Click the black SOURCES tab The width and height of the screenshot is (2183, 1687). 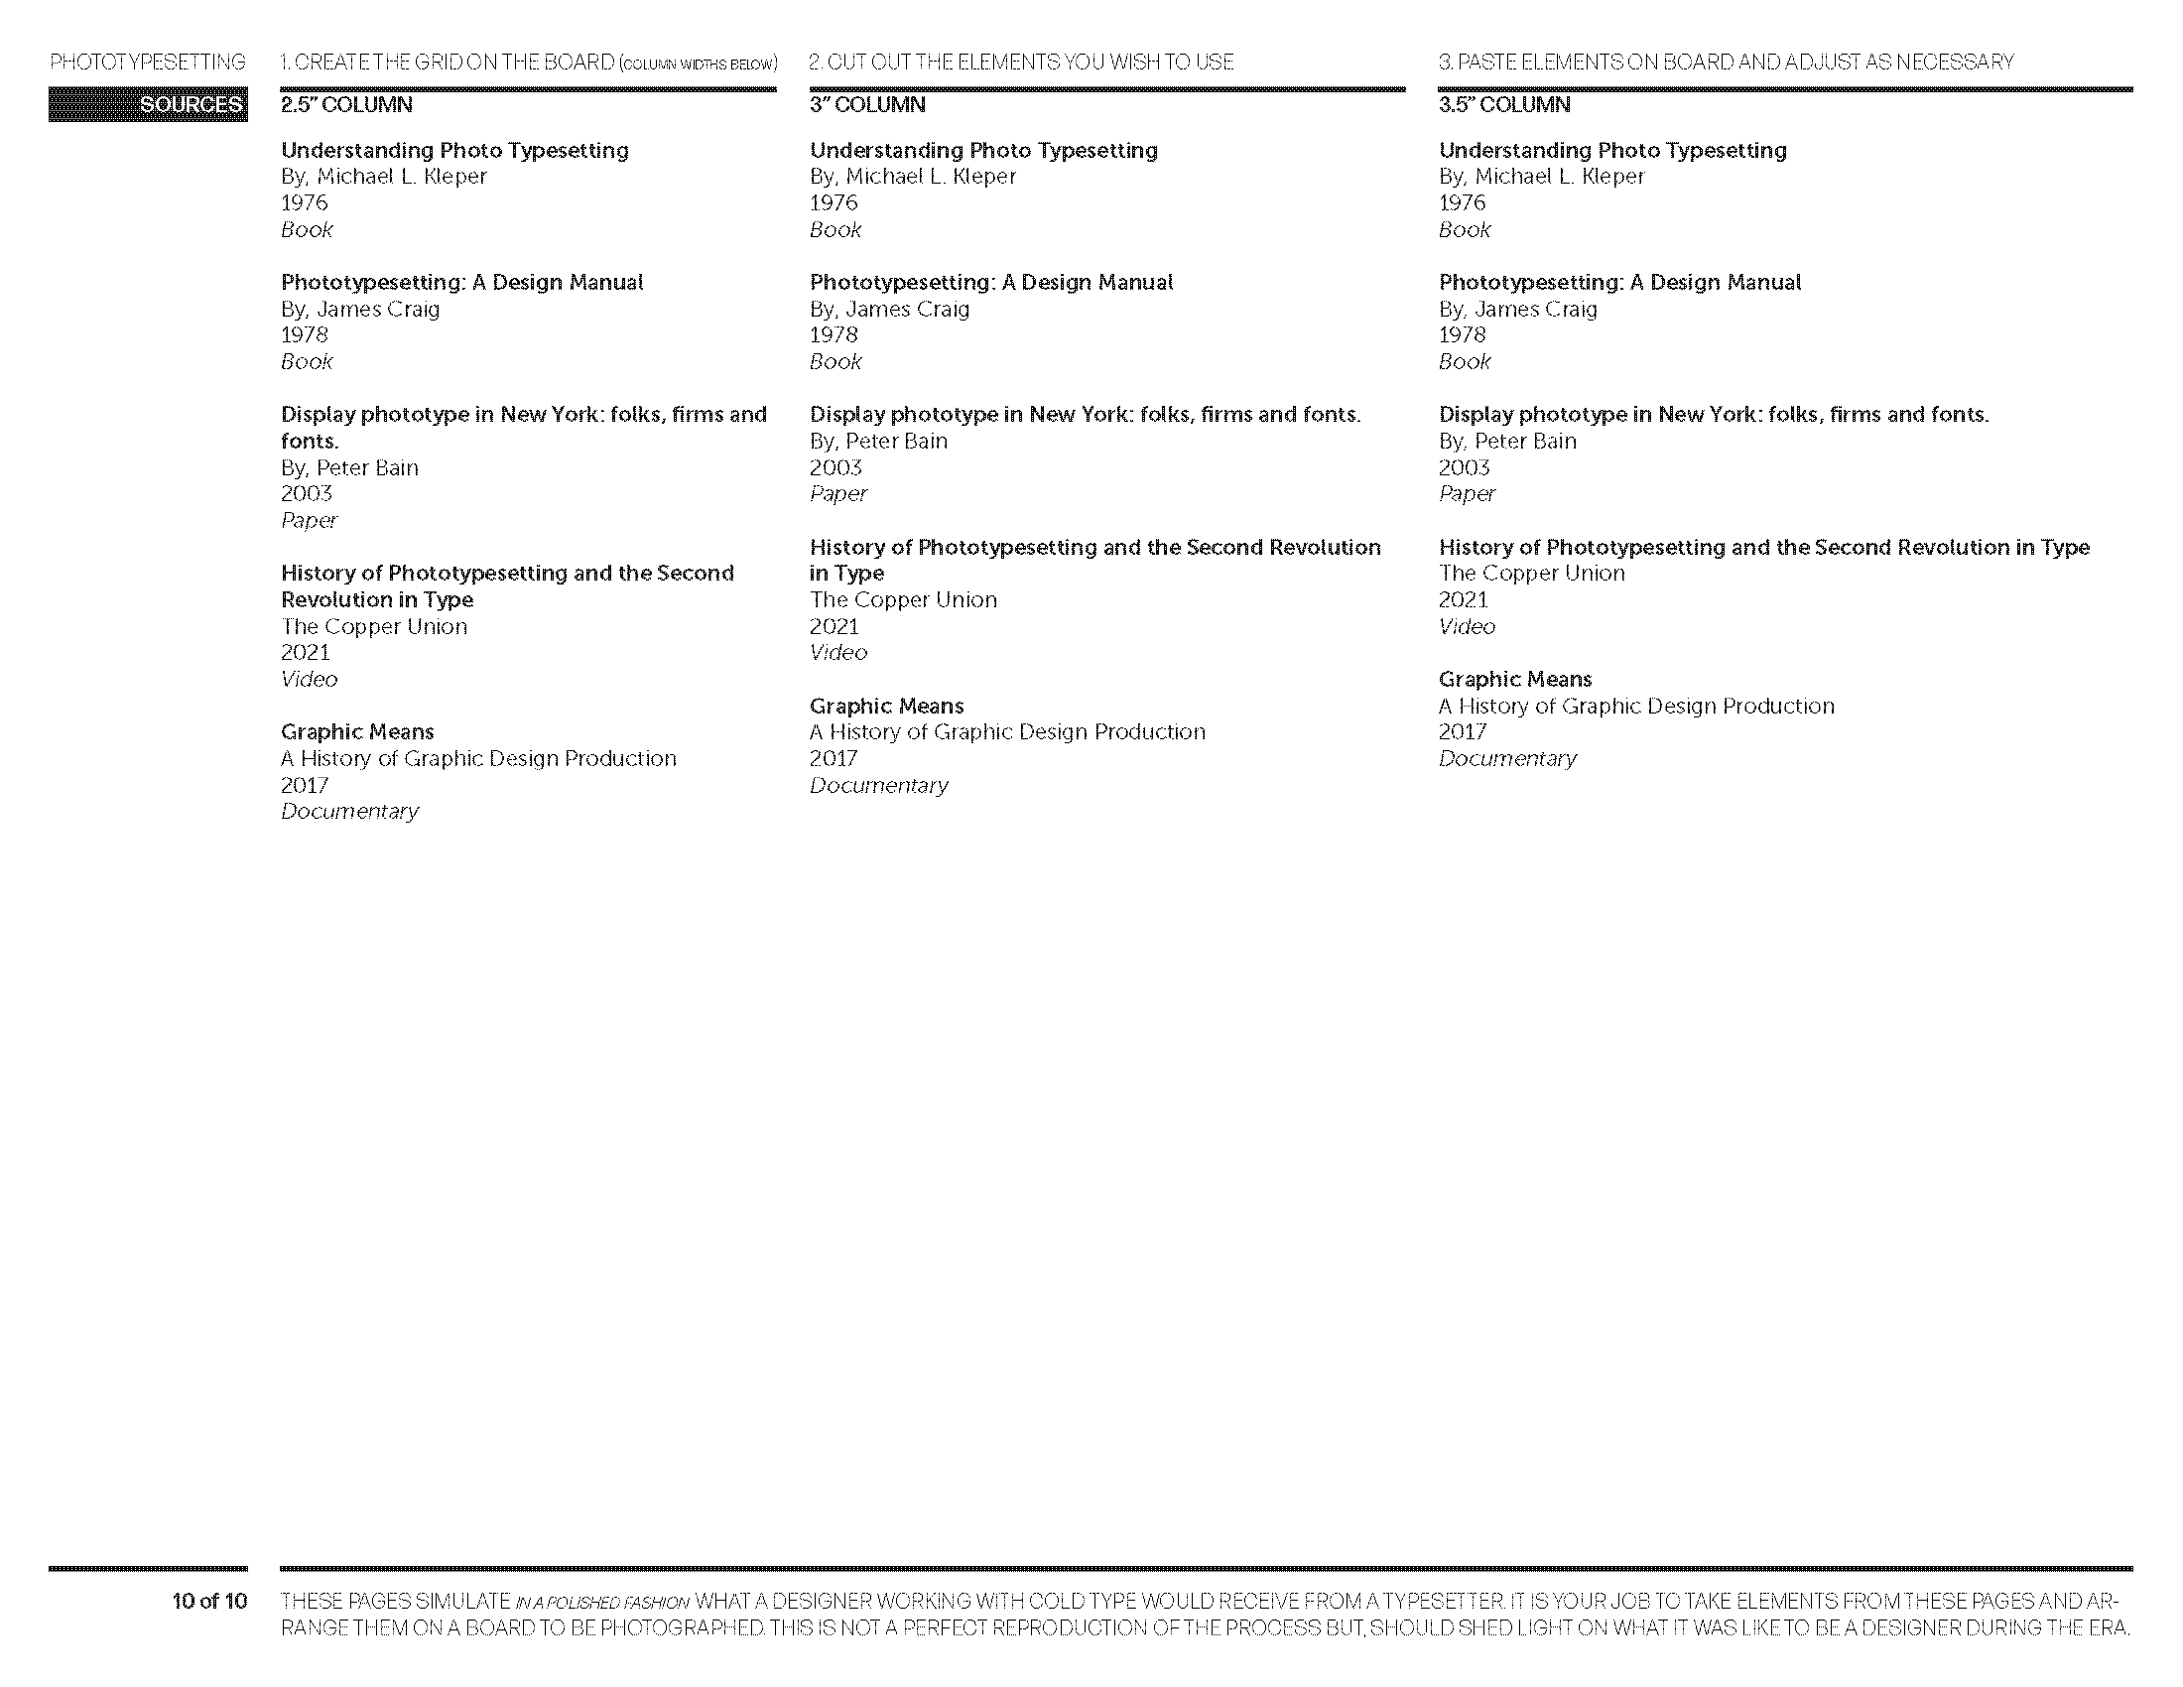pyautogui.click(x=148, y=105)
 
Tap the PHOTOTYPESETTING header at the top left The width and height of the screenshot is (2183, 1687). pyautogui.click(x=148, y=62)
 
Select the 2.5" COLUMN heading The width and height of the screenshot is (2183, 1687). pyautogui.click(x=346, y=105)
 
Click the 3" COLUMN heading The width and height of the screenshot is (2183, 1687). pyautogui.click(x=866, y=105)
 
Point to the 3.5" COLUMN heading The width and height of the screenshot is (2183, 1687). pyautogui.click(x=1503, y=105)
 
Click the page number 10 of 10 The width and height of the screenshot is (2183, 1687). pyautogui.click(x=209, y=1601)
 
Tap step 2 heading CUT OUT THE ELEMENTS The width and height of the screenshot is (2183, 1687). pyautogui.click(x=1020, y=62)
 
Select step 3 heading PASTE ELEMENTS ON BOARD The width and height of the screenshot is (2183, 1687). pyautogui.click(x=1726, y=62)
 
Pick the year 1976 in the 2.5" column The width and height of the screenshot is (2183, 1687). pyautogui.click(x=304, y=202)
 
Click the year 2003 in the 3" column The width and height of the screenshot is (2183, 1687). pyautogui.click(x=835, y=467)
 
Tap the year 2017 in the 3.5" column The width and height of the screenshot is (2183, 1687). pyautogui.click(x=1463, y=732)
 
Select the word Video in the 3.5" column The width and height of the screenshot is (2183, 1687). pyautogui.click(x=1467, y=626)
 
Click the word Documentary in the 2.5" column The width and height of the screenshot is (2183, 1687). pyautogui.click(x=349, y=812)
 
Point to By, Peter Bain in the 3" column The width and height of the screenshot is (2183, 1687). pyautogui.click(x=877, y=441)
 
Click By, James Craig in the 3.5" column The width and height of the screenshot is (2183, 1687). pyautogui.click(x=1517, y=309)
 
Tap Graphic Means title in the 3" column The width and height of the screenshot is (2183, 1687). pyautogui.click(x=885, y=706)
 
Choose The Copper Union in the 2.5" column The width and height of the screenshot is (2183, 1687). pyautogui.click(x=374, y=626)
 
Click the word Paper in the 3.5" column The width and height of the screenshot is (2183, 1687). pyautogui.click(x=1467, y=494)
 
